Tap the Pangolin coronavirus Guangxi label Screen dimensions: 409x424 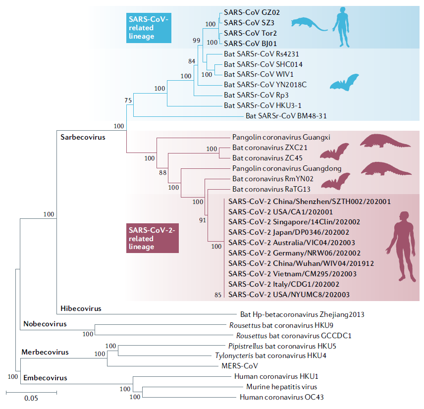click(x=281, y=137)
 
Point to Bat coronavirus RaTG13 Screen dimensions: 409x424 click(x=264, y=189)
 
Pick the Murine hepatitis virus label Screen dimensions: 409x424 click(x=281, y=387)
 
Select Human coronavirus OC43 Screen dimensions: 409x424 click(x=282, y=397)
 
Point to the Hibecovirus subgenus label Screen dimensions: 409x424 click(x=81, y=308)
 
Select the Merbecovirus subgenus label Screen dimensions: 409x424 click(x=45, y=352)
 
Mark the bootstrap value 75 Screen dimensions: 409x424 click(x=128, y=101)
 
